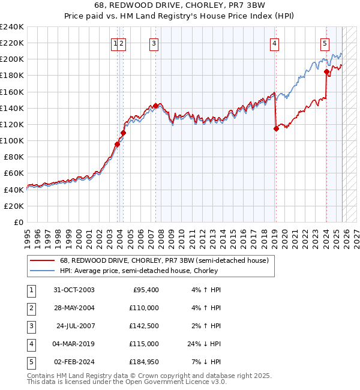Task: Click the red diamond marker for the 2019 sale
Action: tap(276, 128)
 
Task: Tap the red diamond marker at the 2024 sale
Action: tap(327, 72)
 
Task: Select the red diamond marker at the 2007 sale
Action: tap(155, 106)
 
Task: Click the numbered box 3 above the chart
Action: tap(154, 43)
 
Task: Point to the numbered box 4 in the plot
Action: tap(274, 43)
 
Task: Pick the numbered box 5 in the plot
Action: tap(325, 43)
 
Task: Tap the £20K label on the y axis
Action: tap(14, 206)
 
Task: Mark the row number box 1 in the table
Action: tap(31, 290)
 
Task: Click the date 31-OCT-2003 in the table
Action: tap(74, 290)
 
